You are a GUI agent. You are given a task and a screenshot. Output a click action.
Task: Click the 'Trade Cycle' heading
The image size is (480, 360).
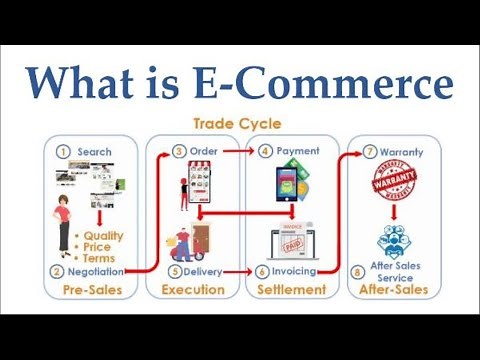240,125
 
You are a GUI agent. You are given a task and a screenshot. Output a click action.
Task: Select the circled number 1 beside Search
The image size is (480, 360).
62,152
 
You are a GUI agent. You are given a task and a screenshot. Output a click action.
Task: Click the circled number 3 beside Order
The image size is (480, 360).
180,152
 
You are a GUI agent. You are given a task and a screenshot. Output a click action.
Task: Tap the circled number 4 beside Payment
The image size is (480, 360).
265,152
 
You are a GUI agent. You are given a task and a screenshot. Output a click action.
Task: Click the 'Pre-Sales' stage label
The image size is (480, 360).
93,290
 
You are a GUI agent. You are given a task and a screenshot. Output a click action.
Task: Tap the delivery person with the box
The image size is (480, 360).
186,245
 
